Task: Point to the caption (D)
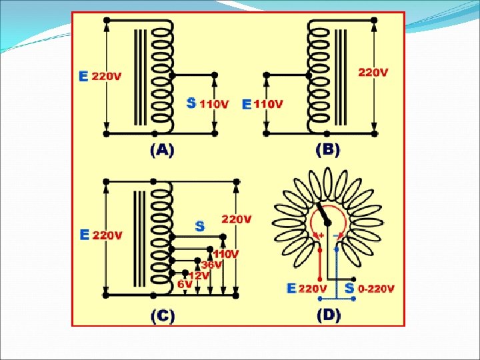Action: [329, 315]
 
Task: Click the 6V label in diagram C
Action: [185, 283]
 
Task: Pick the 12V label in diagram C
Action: [199, 274]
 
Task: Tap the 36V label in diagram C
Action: [212, 265]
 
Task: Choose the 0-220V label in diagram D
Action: [376, 289]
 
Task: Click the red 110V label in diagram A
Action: [214, 104]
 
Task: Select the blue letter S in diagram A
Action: [191, 103]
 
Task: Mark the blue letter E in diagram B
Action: [247, 104]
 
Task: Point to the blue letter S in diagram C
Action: [199, 227]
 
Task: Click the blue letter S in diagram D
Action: [349, 289]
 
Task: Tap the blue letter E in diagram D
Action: [291, 289]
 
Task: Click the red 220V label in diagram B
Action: [373, 72]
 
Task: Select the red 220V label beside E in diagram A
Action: [107, 76]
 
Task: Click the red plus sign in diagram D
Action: [321, 235]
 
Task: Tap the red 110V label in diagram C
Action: [227, 254]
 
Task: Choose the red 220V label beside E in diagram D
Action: [313, 289]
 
